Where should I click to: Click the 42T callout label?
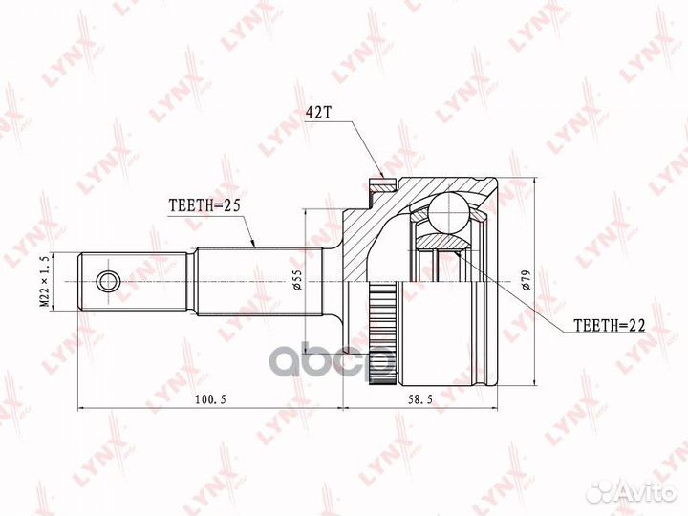pyautogui.click(x=317, y=113)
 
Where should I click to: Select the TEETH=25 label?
pyautogui.click(x=204, y=205)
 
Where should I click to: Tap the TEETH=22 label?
pyautogui.click(x=609, y=325)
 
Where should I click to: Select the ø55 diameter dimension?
pyautogui.click(x=297, y=279)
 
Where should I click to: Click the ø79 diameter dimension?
pyautogui.click(x=527, y=279)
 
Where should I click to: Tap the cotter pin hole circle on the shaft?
pyautogui.click(x=107, y=281)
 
